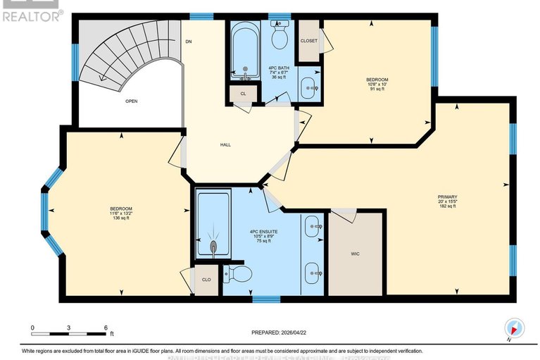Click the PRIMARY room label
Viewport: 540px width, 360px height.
click(x=447, y=197)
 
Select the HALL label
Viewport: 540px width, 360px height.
click(x=225, y=144)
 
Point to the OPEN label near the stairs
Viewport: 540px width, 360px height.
click(x=131, y=101)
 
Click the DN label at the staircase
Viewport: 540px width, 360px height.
click(x=188, y=42)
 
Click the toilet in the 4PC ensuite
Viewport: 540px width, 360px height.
click(x=236, y=273)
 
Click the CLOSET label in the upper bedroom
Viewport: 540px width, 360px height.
click(x=308, y=41)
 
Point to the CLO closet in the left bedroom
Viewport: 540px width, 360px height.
click(x=206, y=278)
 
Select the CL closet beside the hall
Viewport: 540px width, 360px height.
click(x=243, y=93)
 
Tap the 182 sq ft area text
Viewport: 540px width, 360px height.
click(x=447, y=206)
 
